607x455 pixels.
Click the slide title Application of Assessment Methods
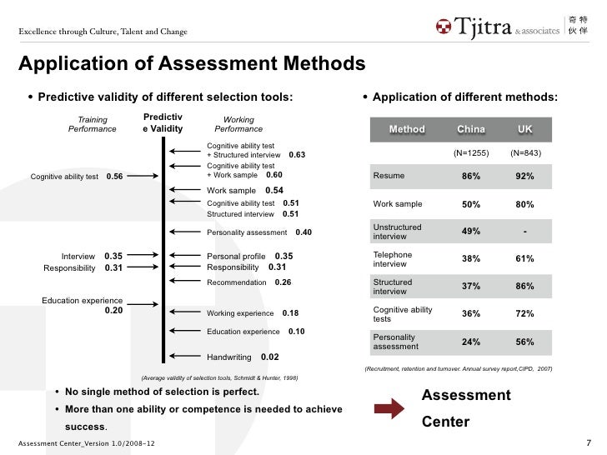(x=192, y=64)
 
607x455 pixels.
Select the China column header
(x=470, y=129)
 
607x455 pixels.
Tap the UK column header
(x=524, y=129)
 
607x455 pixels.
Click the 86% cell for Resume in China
(x=470, y=176)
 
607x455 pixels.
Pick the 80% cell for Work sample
(x=524, y=204)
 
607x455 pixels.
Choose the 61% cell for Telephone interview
(x=524, y=258)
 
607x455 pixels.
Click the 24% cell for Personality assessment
(x=470, y=341)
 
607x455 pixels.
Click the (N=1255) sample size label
(x=470, y=152)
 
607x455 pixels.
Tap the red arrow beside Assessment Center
(x=389, y=407)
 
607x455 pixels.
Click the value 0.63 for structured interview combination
(x=297, y=155)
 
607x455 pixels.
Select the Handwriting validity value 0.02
(x=269, y=357)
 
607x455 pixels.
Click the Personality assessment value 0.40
(x=303, y=232)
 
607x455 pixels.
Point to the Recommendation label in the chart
(x=238, y=282)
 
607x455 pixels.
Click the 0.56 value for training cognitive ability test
(x=115, y=177)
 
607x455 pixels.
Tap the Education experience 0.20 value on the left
(x=113, y=310)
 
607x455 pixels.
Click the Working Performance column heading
(x=238, y=124)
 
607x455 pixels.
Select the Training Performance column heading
(x=93, y=124)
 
